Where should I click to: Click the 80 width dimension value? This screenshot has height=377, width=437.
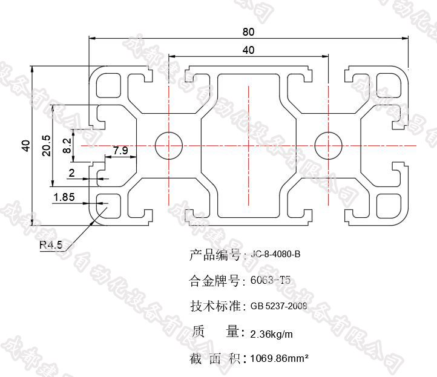tap(248, 31)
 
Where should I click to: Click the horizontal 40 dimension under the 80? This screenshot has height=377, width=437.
tap(248, 50)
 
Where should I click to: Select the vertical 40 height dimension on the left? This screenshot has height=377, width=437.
tap(25, 145)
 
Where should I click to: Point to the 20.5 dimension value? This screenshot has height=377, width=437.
tap(46, 145)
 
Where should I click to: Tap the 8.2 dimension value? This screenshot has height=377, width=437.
tap(67, 145)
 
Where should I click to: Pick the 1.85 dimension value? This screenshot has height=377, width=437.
tap(64, 197)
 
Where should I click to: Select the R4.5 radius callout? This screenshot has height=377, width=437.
tap(51, 245)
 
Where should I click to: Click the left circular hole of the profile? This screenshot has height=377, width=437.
tap(169, 145)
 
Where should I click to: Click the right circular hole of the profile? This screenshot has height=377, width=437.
tap(329, 145)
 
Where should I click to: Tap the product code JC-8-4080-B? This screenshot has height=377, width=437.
tap(275, 255)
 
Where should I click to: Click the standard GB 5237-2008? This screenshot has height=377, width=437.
tap(278, 306)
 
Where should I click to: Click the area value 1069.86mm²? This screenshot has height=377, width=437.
tap(280, 359)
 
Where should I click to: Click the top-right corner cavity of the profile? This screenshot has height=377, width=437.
tap(388, 85)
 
